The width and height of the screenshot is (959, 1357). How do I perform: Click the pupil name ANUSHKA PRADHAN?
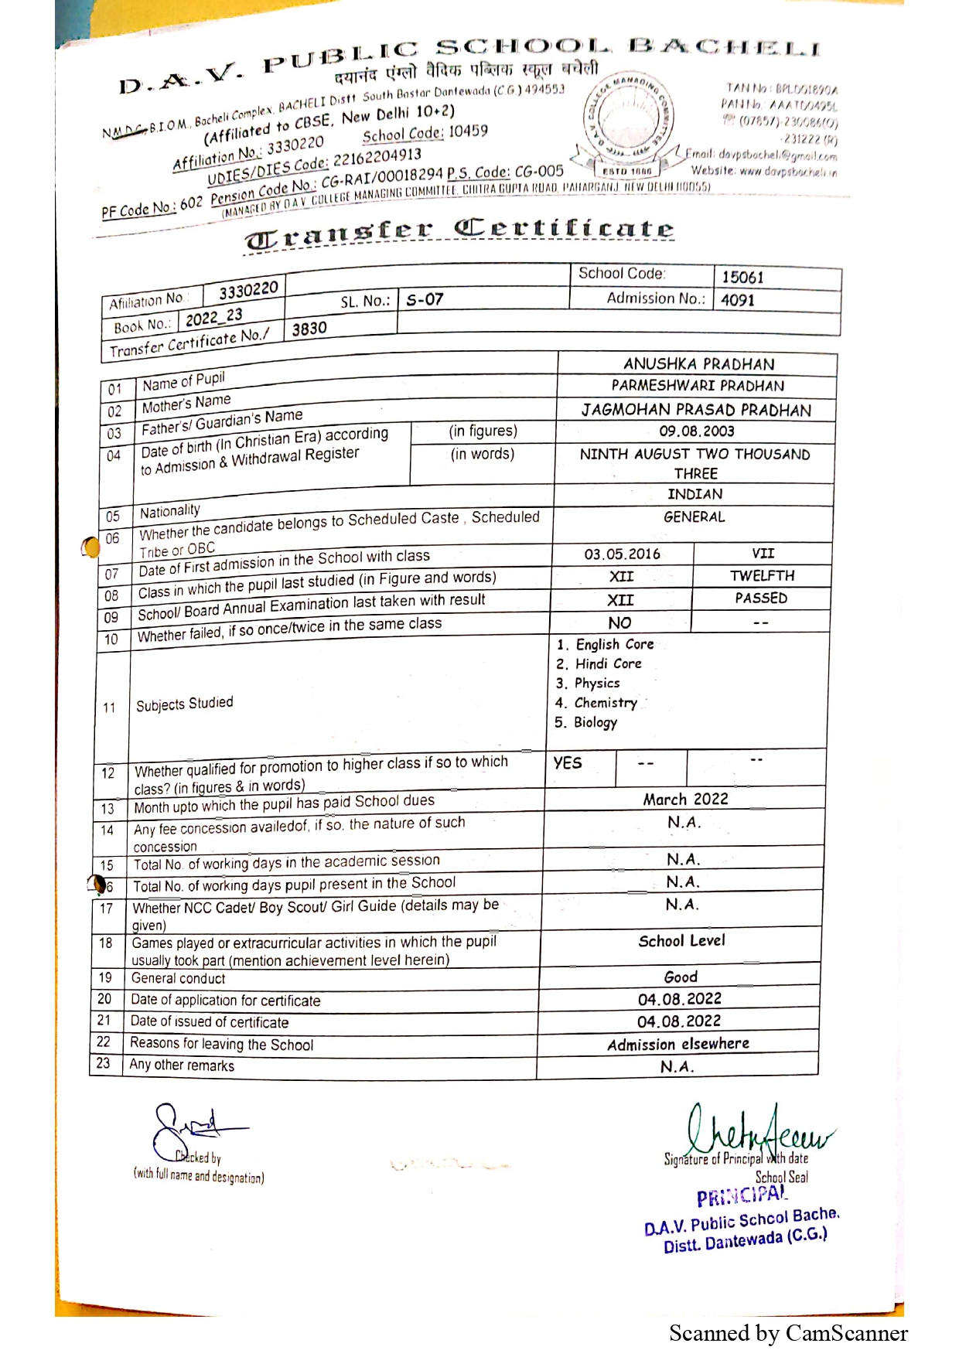tap(698, 364)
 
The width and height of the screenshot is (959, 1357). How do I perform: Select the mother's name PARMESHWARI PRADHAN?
tap(698, 386)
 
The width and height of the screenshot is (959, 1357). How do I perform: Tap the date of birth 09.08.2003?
tap(696, 431)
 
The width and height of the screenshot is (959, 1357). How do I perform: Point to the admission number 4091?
tap(737, 301)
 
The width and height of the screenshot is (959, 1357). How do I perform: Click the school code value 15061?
tap(742, 278)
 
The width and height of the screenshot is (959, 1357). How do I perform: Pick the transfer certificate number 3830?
tap(309, 329)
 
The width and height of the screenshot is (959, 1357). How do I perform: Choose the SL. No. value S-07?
tap(425, 299)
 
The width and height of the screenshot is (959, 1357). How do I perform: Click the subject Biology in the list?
tap(595, 723)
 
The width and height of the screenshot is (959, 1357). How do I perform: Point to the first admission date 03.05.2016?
tap(622, 554)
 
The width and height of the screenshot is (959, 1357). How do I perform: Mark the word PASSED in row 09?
tap(761, 598)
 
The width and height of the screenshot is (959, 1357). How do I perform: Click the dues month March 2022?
tap(685, 800)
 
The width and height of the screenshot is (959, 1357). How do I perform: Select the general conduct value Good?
tap(681, 977)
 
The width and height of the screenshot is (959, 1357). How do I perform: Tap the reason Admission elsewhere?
tap(677, 1045)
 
